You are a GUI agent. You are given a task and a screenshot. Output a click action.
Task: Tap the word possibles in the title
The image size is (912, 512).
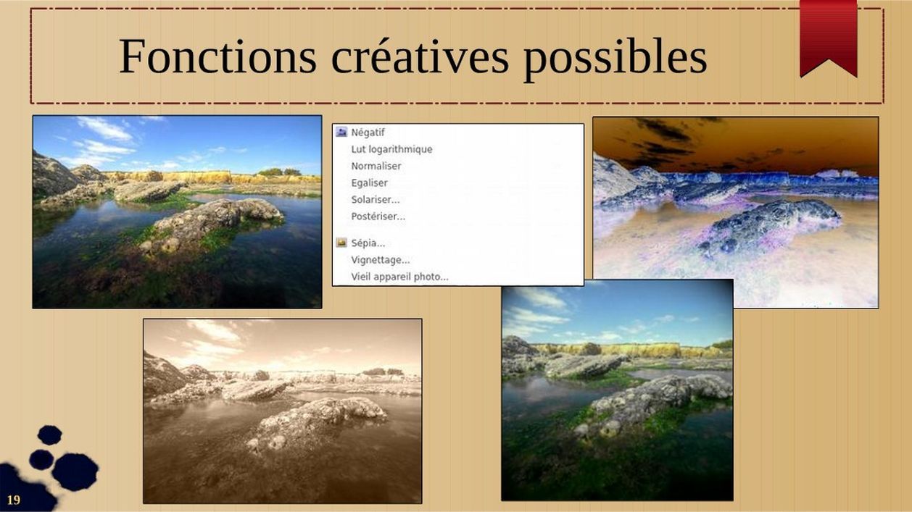[615, 59]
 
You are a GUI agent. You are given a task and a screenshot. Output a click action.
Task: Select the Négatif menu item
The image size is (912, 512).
[368, 133]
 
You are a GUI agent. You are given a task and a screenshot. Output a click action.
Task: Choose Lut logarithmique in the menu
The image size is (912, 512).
[391, 149]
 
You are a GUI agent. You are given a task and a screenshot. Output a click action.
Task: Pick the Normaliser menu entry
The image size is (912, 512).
[376, 166]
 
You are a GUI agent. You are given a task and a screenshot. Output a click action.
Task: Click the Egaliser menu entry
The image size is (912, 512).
[369, 183]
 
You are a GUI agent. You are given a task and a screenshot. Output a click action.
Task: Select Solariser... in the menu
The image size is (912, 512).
[376, 200]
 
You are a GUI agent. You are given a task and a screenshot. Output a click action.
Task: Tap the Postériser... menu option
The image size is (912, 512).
[378, 217]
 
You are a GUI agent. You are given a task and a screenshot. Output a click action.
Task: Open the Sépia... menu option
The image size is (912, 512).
[368, 243]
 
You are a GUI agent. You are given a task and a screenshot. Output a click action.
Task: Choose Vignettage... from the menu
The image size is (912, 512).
[381, 260]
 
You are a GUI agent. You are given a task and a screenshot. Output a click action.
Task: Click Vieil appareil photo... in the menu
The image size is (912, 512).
[399, 277]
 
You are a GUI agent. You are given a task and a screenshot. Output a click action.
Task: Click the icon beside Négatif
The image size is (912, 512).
[341, 132]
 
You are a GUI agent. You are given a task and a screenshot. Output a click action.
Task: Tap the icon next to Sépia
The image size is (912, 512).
[341, 243]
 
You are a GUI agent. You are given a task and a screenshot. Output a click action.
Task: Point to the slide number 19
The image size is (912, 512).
[14, 500]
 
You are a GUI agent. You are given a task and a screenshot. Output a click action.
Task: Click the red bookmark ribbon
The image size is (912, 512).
[829, 37]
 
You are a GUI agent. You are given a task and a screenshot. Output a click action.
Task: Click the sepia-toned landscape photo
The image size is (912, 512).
[283, 411]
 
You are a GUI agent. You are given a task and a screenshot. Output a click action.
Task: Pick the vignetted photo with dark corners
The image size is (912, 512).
[617, 390]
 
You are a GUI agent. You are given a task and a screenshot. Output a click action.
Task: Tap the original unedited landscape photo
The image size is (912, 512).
[177, 212]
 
